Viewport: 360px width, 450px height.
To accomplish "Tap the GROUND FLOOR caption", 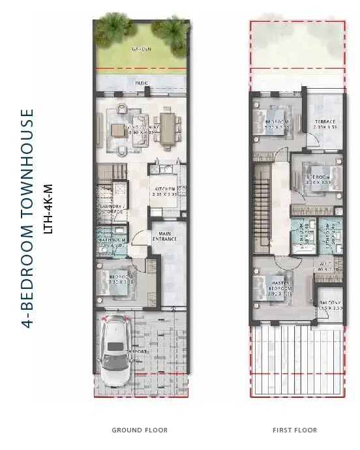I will tap(140, 430).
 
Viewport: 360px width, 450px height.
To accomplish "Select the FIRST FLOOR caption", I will tap(295, 430).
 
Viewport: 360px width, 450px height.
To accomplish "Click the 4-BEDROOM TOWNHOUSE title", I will tap(27, 218).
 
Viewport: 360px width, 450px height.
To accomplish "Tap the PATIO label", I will tap(142, 83).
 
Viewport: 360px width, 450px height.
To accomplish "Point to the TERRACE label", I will tap(324, 122).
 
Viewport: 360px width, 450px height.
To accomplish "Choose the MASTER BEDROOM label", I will tap(279, 287).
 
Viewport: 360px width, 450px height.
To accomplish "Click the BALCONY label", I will tap(329, 303).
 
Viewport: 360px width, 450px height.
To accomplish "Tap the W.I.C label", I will tap(326, 265).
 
